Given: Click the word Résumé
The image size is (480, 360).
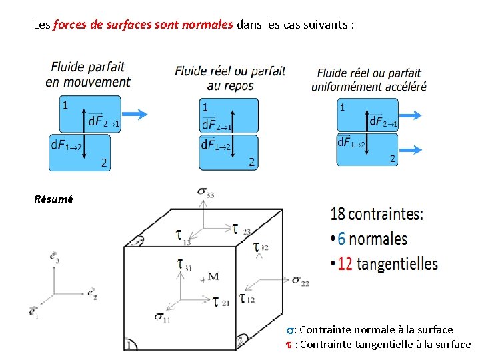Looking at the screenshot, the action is point(53,199).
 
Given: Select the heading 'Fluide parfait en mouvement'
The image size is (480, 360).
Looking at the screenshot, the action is point(87,75).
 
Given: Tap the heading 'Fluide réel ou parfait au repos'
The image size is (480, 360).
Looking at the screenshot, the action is point(230,77).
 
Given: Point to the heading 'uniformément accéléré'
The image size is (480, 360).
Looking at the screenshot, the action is point(369,86).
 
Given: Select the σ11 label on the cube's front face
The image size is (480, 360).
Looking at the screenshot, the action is point(161,318).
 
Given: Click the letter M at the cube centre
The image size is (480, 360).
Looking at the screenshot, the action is point(213,277).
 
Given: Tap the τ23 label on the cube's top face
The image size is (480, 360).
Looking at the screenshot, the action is point(241,229).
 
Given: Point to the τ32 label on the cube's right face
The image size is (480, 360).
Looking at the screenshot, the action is point(260,247).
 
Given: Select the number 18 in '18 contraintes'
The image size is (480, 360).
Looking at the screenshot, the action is point(338,215).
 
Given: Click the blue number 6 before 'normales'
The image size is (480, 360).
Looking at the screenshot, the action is point(341,239).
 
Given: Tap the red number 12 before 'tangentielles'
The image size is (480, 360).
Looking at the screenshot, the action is point(345,264).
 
